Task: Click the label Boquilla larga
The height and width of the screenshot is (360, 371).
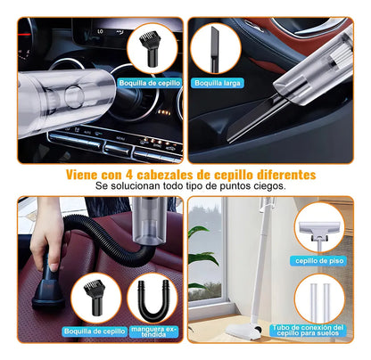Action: [x=219, y=83]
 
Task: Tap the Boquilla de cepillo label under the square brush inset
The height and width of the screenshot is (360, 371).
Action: [x=94, y=331]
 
